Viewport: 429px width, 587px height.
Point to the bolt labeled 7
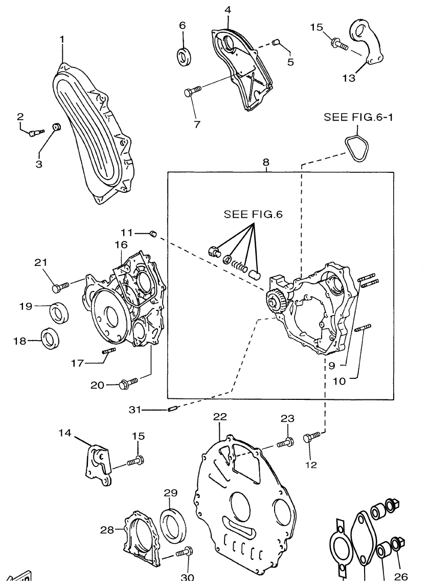pos(193,91)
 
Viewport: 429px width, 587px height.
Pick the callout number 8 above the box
pos(266,163)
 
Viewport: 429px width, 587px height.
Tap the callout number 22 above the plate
pos(220,416)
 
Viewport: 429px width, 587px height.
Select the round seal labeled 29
pos(174,524)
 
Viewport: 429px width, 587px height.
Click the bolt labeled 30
pos(184,553)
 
